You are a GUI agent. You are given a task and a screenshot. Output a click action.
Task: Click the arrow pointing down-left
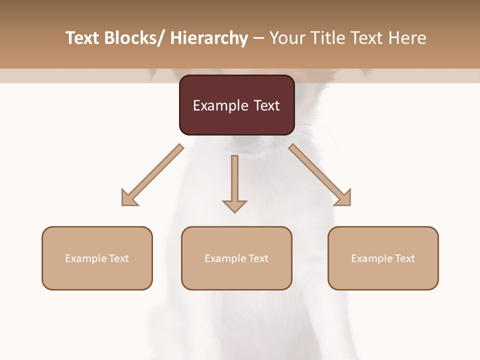pyautogui.click(x=152, y=175)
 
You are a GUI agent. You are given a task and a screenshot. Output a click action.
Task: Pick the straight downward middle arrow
pyautogui.click(x=234, y=182)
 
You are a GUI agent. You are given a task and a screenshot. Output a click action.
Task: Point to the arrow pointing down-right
pyautogui.click(x=320, y=175)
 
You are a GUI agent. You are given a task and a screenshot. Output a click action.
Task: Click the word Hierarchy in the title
pyautogui.click(x=209, y=38)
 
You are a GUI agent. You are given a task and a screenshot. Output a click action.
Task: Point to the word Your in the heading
pyautogui.click(x=287, y=38)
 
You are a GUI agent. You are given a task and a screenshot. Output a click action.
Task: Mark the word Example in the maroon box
pyautogui.click(x=220, y=105)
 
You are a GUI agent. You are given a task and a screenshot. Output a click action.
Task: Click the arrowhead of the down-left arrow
pyautogui.click(x=128, y=198)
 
